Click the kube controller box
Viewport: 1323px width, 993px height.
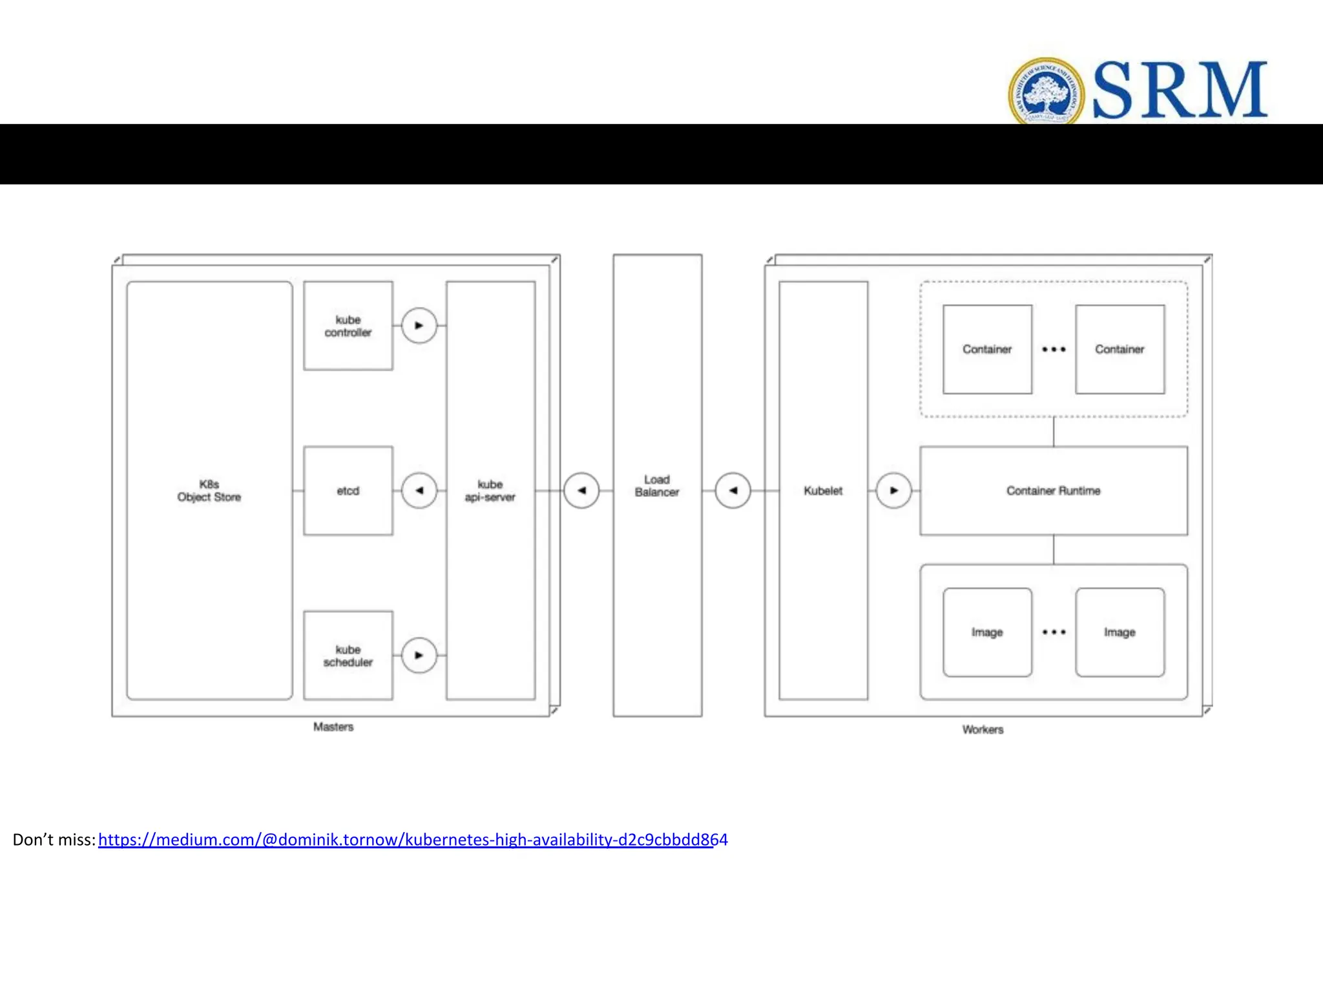point(348,326)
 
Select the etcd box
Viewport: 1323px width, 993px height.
point(348,491)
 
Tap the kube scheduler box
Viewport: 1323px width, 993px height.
point(348,656)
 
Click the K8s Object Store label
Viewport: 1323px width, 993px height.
point(209,491)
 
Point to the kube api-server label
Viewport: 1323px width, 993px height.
point(490,491)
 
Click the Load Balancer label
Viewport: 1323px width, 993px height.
point(657,486)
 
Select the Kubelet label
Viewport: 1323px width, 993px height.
point(823,491)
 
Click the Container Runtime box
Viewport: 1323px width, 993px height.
point(1054,491)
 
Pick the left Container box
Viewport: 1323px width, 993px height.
point(987,349)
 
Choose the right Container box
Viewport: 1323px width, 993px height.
point(1120,349)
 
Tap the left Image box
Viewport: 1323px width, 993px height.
point(987,632)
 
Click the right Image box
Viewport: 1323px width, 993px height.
point(1120,632)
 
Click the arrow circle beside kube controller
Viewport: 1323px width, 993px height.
point(419,326)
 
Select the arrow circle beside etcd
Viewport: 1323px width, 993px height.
point(419,491)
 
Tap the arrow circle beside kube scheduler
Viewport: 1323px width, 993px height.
point(419,656)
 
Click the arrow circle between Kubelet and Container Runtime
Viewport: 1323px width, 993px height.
point(893,491)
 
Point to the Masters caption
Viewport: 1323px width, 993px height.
point(333,727)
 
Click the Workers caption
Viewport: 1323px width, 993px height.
point(983,730)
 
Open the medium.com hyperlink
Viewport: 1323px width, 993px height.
point(413,840)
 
